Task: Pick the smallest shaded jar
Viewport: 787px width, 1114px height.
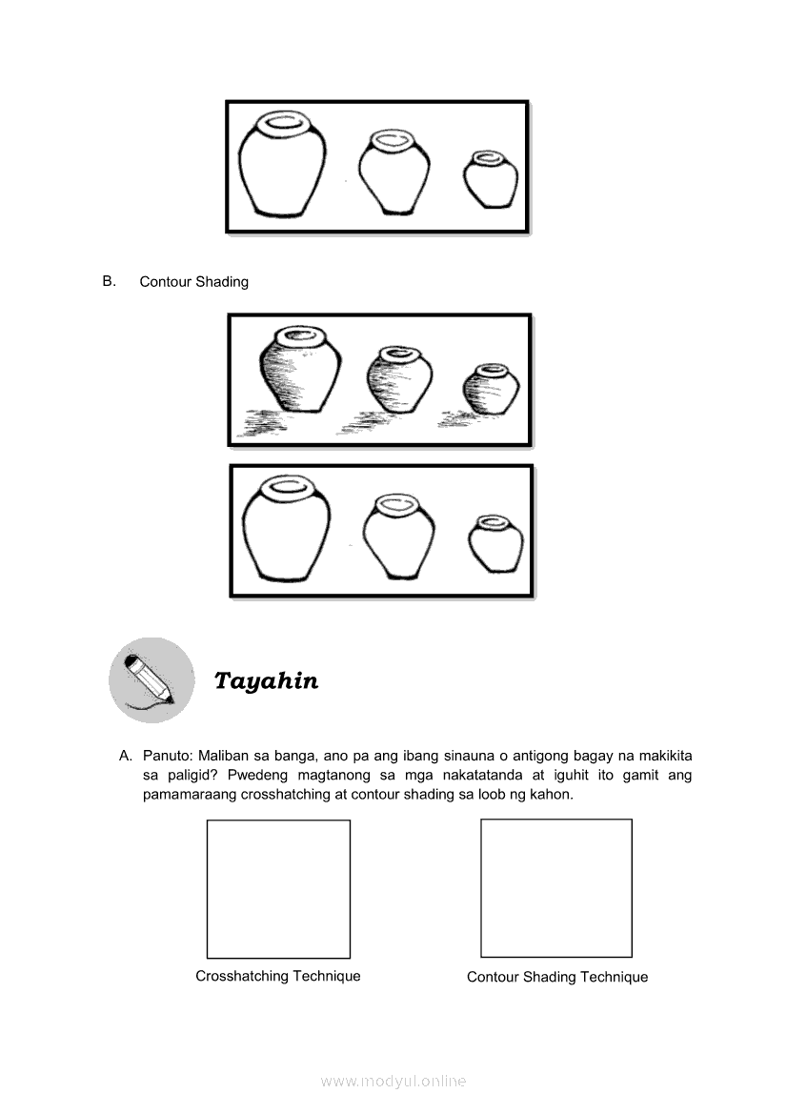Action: click(492, 388)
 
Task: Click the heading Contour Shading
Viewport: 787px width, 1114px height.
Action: click(193, 282)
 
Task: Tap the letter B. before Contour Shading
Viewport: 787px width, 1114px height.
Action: click(109, 281)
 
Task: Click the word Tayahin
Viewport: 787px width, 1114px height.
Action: click(266, 680)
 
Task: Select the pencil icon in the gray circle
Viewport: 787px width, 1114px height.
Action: click(151, 679)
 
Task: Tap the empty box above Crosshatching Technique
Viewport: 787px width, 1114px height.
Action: click(278, 888)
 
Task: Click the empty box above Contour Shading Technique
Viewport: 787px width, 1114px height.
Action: click(556, 888)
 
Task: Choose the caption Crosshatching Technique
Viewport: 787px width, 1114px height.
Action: click(278, 976)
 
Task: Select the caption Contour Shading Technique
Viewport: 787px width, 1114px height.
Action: click(557, 977)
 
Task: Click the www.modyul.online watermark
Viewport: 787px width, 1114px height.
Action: click(393, 1081)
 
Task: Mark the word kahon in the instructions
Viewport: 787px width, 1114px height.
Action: click(552, 793)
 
